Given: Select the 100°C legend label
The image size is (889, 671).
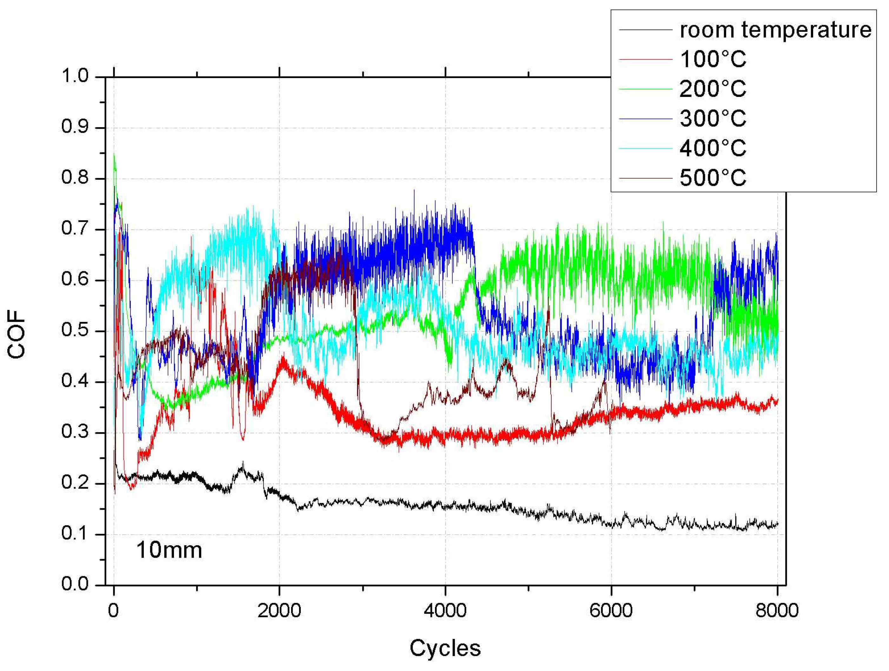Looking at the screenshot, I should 713,59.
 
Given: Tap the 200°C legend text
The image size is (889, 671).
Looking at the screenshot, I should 713,89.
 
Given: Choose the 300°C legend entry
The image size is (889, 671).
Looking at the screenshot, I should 713,119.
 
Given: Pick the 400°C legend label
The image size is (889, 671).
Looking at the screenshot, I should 713,148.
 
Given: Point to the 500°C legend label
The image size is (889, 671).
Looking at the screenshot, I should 713,177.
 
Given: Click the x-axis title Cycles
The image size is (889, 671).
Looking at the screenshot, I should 445,648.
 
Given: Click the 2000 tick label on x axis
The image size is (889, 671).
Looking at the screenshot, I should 279,611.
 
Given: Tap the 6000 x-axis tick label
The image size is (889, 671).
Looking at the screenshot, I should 611,611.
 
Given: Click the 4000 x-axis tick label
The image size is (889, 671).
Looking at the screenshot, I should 445,611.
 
